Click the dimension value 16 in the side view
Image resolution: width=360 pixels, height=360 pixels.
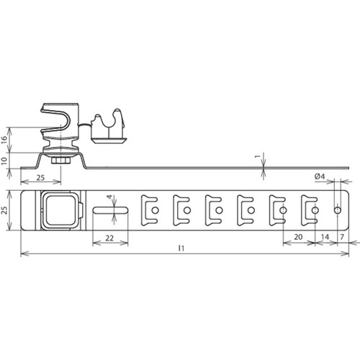pyautogui.click(x=4, y=140)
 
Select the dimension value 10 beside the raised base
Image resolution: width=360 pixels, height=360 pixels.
pyautogui.click(x=4, y=161)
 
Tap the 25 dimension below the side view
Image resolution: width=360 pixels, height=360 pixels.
pyautogui.click(x=40, y=178)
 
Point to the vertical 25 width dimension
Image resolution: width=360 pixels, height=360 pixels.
pyautogui.click(x=4, y=210)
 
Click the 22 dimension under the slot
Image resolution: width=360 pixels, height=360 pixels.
pyautogui.click(x=109, y=238)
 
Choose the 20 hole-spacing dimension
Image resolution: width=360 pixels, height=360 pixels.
pyautogui.click(x=298, y=237)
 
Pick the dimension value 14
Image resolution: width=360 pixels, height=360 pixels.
pyautogui.click(x=325, y=237)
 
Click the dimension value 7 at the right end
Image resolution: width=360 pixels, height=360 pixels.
pyautogui.click(x=342, y=237)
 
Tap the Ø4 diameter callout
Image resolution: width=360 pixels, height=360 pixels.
pyautogui.click(x=320, y=176)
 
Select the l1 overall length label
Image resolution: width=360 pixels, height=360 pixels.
pyautogui.click(x=181, y=248)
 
